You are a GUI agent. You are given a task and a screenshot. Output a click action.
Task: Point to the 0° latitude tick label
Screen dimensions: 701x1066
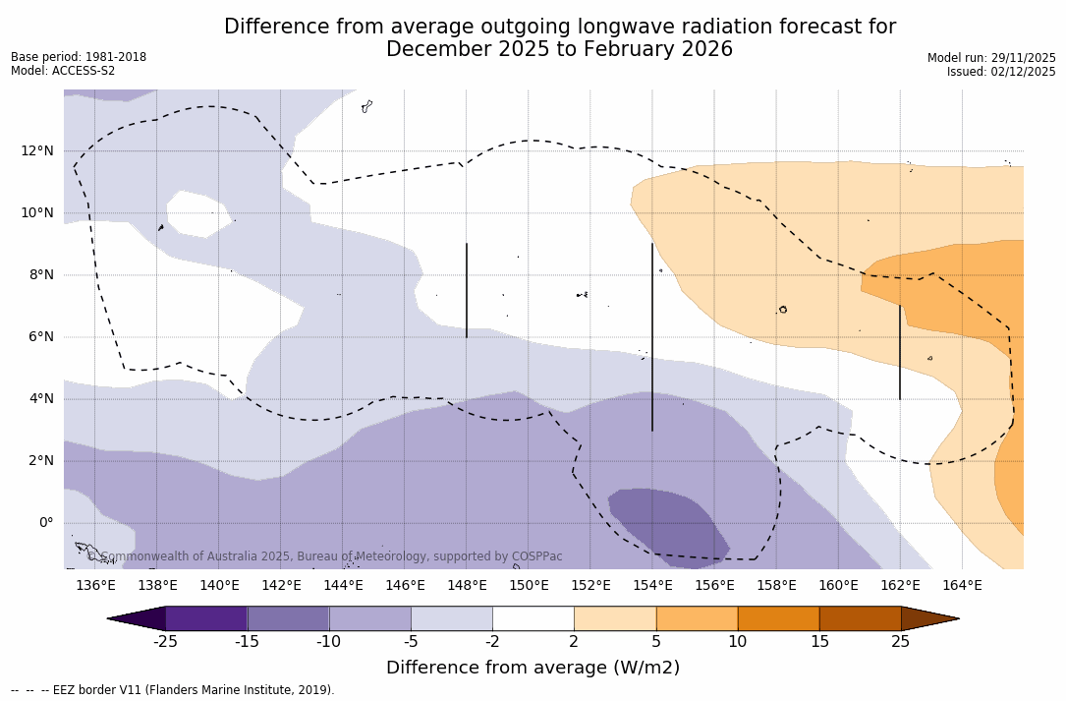(x=45, y=523)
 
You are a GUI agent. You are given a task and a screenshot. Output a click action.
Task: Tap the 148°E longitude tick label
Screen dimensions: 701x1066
(x=467, y=586)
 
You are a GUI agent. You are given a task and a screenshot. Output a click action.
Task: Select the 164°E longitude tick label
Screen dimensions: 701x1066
(x=962, y=586)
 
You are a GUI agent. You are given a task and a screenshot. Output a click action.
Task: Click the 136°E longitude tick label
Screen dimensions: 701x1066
(x=95, y=586)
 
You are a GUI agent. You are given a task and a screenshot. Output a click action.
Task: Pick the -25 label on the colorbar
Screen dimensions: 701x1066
(x=165, y=642)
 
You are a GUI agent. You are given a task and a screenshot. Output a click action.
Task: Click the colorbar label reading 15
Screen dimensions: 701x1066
(x=818, y=642)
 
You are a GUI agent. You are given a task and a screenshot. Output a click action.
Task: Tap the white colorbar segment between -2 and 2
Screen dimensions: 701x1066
(x=533, y=618)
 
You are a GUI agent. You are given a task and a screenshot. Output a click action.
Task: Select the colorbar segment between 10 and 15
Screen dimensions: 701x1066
(x=777, y=618)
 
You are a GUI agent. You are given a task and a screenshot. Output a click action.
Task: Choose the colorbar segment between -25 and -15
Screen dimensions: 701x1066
(x=206, y=618)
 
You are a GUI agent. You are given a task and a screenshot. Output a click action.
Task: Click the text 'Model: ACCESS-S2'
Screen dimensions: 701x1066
(x=63, y=71)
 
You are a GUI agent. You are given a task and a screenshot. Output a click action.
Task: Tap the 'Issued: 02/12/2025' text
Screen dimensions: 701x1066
(x=1001, y=72)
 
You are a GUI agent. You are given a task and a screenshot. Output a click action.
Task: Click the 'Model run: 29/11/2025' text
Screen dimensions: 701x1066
(x=991, y=58)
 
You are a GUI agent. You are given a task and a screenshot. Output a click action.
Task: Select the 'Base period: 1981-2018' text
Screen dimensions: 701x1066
(x=79, y=57)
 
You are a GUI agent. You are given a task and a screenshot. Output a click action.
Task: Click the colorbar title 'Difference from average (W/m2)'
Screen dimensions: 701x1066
(x=533, y=668)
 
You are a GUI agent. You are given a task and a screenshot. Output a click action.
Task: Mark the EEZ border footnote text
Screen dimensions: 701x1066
(x=173, y=690)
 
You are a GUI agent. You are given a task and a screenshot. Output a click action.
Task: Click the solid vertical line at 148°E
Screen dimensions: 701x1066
(x=467, y=290)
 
